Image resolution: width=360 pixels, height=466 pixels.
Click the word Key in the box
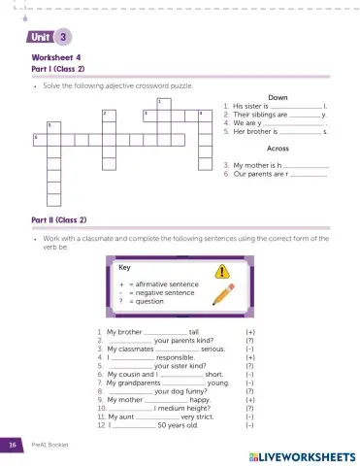pos(124,267)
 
